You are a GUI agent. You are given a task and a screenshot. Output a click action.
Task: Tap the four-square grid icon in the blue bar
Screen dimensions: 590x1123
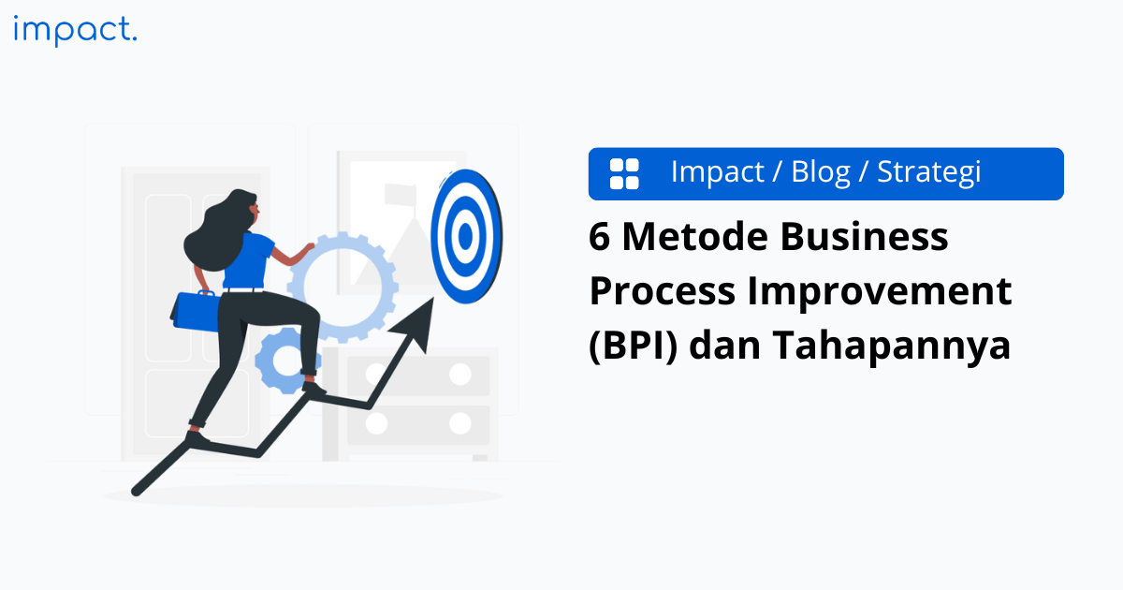pyautogui.click(x=624, y=173)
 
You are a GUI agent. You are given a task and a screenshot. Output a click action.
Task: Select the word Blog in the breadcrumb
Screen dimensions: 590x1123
pyautogui.click(x=821, y=172)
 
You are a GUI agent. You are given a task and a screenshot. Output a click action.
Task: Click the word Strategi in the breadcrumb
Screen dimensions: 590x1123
pyautogui.click(x=928, y=173)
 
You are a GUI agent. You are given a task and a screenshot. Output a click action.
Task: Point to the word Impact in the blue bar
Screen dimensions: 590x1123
pyautogui.click(x=718, y=172)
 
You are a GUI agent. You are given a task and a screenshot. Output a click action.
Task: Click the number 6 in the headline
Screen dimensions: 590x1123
pyautogui.click(x=599, y=238)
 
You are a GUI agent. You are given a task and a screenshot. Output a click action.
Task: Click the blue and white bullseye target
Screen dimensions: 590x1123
pyautogui.click(x=466, y=237)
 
